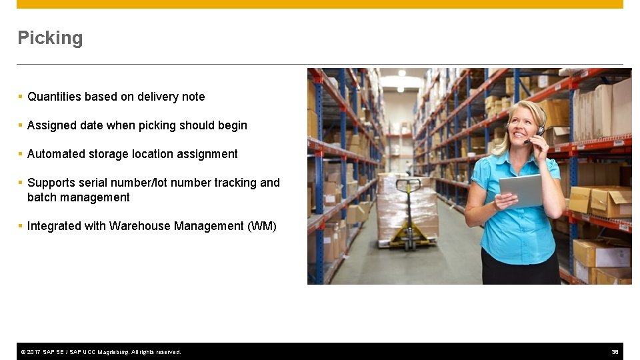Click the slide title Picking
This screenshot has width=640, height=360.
pos(50,38)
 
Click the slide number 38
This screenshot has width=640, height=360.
pos(615,352)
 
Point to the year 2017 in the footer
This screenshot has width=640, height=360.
pos(33,352)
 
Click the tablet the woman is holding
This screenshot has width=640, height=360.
pos(521,191)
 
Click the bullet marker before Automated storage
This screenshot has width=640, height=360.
pos(21,154)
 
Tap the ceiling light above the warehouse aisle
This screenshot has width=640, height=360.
pos(401,72)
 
